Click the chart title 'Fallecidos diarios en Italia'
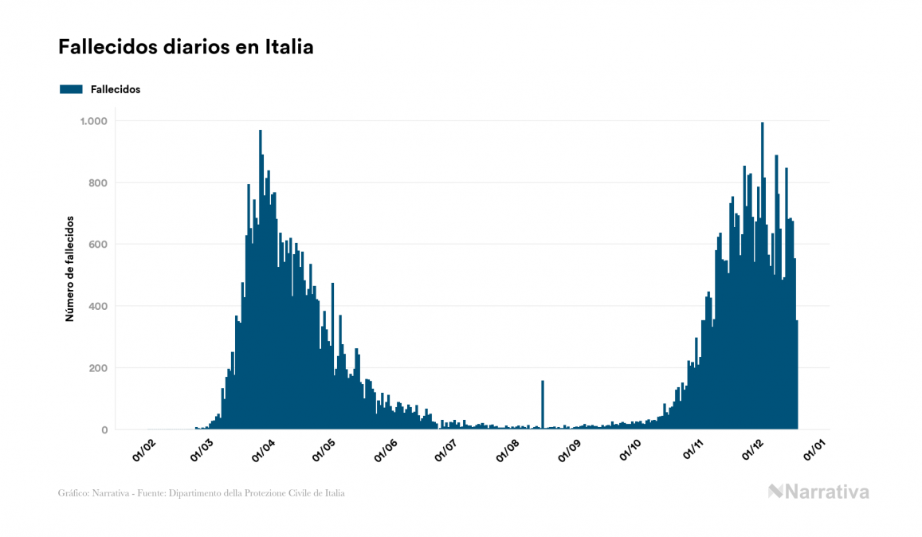coord(186,48)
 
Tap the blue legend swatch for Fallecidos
coord(71,89)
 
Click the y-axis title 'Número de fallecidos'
coord(69,268)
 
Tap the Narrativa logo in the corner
coord(818,492)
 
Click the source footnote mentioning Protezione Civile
coord(202,493)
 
